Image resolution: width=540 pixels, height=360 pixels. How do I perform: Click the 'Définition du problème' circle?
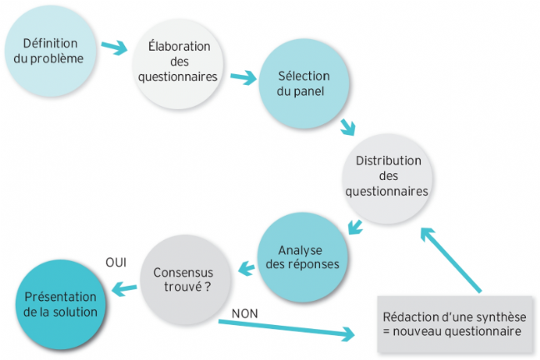50,51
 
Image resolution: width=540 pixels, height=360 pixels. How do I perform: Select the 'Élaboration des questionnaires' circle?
178,64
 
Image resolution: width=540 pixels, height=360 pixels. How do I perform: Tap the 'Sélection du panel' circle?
304,83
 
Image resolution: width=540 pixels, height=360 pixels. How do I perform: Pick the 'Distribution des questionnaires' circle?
387,179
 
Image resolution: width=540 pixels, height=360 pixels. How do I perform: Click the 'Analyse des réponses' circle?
302,257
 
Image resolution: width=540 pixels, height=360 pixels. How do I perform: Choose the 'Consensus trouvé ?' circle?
186,280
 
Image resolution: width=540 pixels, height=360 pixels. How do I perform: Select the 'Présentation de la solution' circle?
61,305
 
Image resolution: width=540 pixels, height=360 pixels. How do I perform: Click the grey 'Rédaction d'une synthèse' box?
455,324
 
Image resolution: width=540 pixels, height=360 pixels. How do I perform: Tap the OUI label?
116,262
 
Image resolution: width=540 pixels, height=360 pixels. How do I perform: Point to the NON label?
245,313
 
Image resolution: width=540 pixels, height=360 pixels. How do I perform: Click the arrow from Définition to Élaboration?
114,47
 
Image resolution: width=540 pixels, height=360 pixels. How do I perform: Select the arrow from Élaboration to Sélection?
244,77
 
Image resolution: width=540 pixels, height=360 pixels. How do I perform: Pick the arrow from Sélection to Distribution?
347,127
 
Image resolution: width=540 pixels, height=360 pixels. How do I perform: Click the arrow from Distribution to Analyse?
355,227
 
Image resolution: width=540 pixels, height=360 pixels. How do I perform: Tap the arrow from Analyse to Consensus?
247,268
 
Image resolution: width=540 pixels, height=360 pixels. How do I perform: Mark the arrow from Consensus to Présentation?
124,288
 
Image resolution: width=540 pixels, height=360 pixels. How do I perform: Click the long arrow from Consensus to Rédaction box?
287,329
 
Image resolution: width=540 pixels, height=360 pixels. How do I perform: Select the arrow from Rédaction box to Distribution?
451,260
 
